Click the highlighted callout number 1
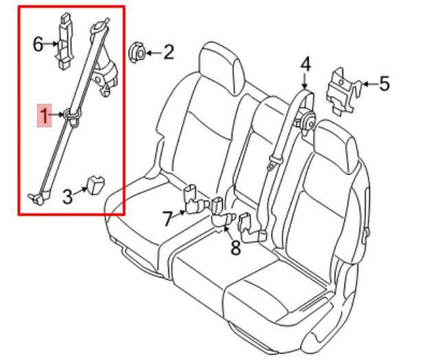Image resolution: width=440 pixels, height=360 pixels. pyautogui.click(x=41, y=116)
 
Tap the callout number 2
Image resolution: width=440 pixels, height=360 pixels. pyautogui.click(x=168, y=54)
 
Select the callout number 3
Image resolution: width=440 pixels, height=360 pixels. pyautogui.click(x=68, y=197)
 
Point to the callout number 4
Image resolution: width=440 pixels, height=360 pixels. pyautogui.click(x=305, y=64)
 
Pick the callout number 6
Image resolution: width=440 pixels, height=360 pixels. pyautogui.click(x=38, y=44)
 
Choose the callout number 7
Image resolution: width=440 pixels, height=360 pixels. pyautogui.click(x=167, y=219)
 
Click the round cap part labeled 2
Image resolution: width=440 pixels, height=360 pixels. pyautogui.click(x=137, y=54)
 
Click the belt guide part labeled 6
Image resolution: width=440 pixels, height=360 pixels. pyautogui.click(x=64, y=40)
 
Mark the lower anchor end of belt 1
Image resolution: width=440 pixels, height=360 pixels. pyautogui.click(x=36, y=196)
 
